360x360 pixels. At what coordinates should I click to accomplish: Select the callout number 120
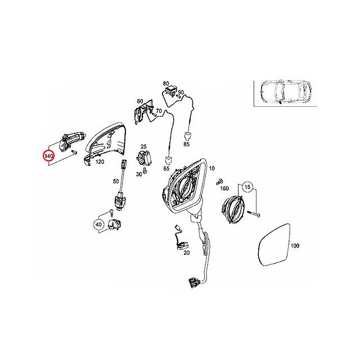tap(100, 161)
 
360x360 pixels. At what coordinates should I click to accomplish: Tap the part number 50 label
tap(116, 181)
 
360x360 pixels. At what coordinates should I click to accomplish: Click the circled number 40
tap(99, 225)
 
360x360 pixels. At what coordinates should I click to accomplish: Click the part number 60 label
tap(140, 101)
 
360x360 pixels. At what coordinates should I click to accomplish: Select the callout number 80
tap(166, 84)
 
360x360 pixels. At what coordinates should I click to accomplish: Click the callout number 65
tap(167, 168)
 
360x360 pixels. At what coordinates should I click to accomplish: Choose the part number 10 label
tap(212, 169)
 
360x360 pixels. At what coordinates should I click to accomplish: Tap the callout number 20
tap(187, 253)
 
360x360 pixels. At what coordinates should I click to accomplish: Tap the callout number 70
tap(159, 111)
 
